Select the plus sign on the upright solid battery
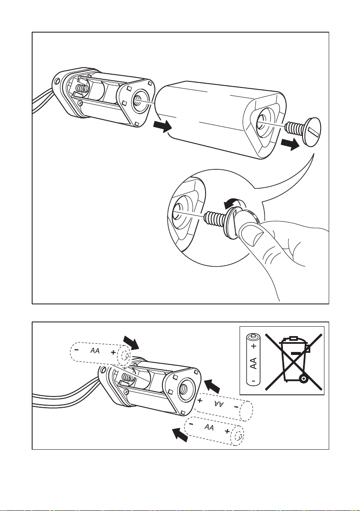(x=253, y=346)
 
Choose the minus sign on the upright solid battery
(x=253, y=380)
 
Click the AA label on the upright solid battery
(x=253, y=362)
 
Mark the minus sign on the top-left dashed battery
(x=76, y=349)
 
